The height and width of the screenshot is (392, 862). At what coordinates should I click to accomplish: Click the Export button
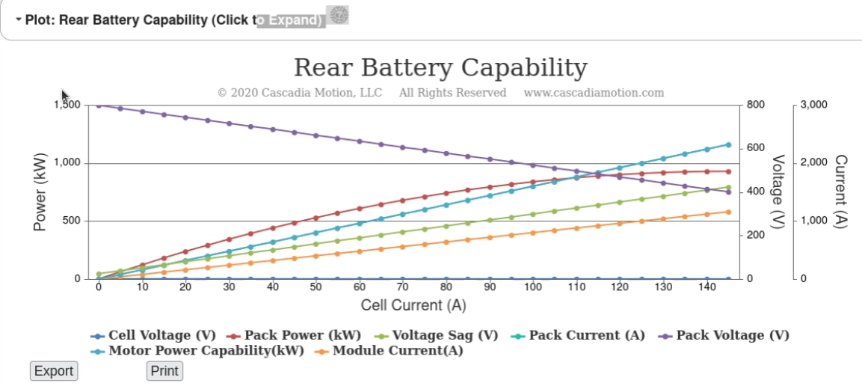point(55,371)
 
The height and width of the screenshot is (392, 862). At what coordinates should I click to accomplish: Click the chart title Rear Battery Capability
point(440,67)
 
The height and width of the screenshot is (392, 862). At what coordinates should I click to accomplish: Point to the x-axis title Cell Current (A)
point(413,305)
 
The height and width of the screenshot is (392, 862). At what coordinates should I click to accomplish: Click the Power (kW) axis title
point(40,192)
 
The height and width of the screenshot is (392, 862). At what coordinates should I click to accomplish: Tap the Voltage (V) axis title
point(778,192)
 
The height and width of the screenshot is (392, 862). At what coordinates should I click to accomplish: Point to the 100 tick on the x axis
point(533,288)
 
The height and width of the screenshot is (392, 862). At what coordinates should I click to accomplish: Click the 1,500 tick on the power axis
point(67,105)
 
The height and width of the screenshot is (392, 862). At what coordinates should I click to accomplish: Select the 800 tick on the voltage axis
point(756,105)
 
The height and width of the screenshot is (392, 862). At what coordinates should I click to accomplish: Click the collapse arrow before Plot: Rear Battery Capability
point(18,19)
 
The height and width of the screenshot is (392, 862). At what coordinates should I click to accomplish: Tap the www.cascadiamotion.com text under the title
point(594,93)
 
